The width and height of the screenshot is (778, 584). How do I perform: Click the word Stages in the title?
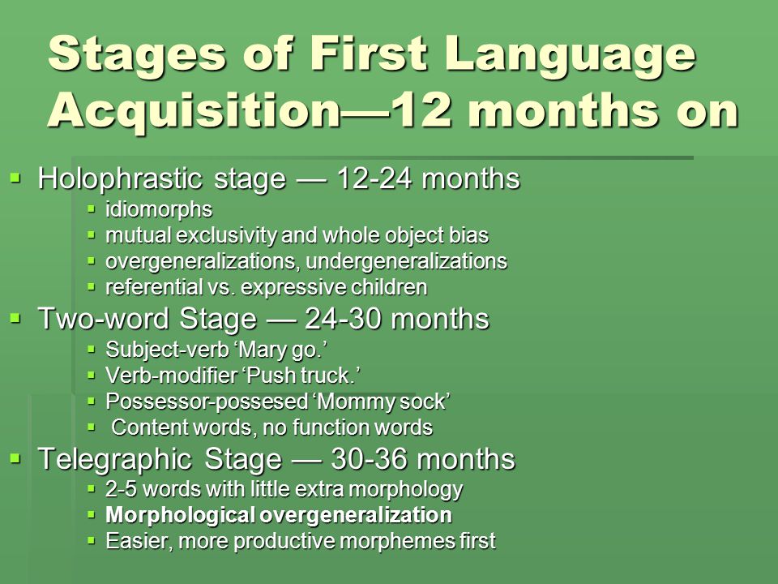click(138, 54)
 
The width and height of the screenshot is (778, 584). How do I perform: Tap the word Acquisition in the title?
click(194, 111)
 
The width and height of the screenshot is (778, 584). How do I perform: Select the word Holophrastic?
click(120, 178)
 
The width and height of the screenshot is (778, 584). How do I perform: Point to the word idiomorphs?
click(159, 209)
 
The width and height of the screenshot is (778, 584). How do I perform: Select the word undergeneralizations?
click(406, 261)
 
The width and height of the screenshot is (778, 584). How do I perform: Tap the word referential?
click(153, 287)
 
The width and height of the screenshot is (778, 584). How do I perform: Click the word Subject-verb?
click(167, 350)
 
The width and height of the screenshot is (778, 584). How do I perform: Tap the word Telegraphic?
click(114, 459)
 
